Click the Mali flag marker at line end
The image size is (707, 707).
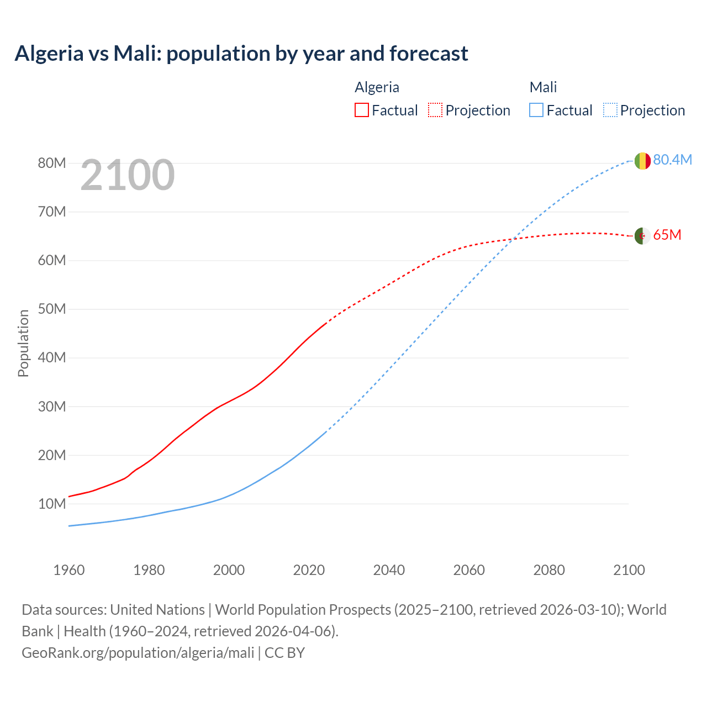click(x=642, y=161)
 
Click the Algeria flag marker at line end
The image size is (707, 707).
click(x=642, y=236)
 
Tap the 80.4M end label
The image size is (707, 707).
click(x=672, y=160)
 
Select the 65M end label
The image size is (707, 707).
click(x=667, y=235)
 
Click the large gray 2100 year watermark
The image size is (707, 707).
click(x=128, y=175)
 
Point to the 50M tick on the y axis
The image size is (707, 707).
click(x=52, y=309)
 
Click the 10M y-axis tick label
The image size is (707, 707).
click(x=52, y=504)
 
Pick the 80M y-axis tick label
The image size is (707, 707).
click(x=52, y=163)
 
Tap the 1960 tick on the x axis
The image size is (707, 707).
click(x=69, y=570)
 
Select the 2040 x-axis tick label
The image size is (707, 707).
click(x=389, y=570)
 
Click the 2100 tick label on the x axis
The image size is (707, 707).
click(x=629, y=570)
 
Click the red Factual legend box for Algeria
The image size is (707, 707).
click(x=362, y=110)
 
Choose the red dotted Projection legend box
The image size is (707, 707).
click(x=435, y=110)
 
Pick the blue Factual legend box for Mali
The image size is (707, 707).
click(x=536, y=110)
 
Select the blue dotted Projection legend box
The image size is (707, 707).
click(x=610, y=110)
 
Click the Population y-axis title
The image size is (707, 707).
click(x=23, y=343)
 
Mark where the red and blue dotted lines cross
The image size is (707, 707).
click(x=514, y=239)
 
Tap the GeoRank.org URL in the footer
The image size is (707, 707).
click(x=138, y=652)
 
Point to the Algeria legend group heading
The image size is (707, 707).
click(x=377, y=87)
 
